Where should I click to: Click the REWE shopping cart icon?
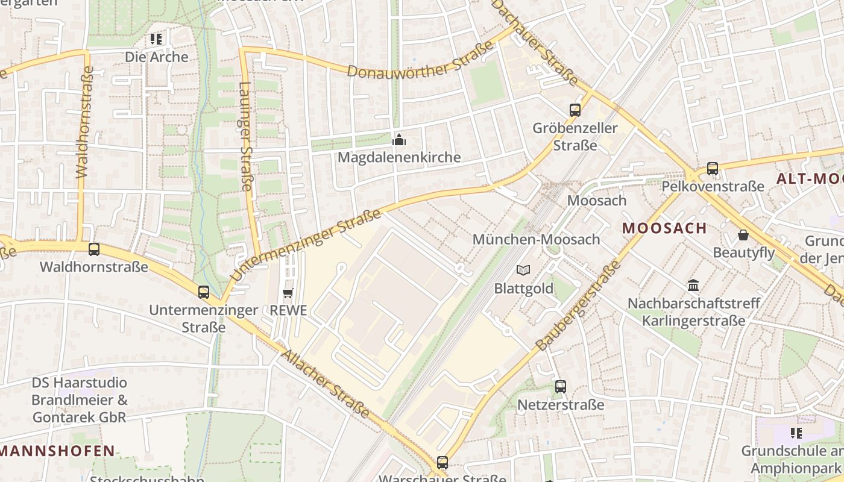[x=288, y=293]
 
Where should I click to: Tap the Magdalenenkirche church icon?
[x=399, y=140]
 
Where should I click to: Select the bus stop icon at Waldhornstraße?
[x=94, y=249]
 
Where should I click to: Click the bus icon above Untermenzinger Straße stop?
[x=204, y=292]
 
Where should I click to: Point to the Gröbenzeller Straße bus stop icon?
[x=575, y=110]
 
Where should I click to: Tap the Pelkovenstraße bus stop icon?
[x=713, y=169]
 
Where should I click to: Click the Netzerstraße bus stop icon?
[x=561, y=386]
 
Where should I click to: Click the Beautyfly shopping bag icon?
[x=743, y=235]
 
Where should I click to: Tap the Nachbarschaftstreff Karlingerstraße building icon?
[x=693, y=285]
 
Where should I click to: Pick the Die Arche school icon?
[x=157, y=40]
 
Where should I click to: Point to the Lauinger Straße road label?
[x=245, y=136]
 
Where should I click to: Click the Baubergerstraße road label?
[x=578, y=306]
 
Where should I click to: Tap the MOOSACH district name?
[x=664, y=228]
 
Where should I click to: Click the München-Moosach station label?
[x=536, y=239]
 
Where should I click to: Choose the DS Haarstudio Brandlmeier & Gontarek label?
[x=79, y=399]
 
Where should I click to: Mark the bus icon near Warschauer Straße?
[x=442, y=463]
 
